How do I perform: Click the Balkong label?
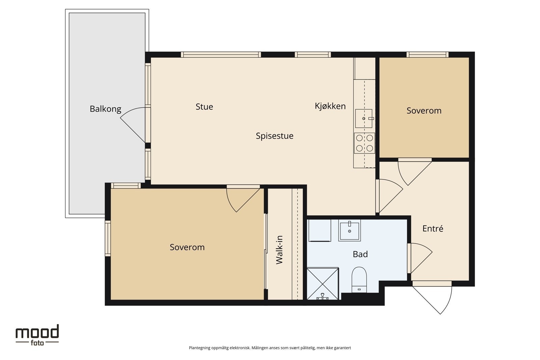coord(105,109)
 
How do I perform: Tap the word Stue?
coord(204,107)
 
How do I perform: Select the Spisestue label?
coord(275,136)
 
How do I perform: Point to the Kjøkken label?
coord(330,106)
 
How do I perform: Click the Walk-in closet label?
coord(279,250)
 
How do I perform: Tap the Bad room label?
coord(360,254)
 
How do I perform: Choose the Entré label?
coord(433,228)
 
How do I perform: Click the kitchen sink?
coord(364,118)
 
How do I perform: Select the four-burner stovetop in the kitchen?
coord(364,143)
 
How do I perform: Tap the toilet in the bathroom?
coord(359,279)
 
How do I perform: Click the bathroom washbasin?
coord(350,230)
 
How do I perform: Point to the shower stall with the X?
coord(323,284)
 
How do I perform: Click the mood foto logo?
coord(37,335)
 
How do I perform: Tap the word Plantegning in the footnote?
coord(199,348)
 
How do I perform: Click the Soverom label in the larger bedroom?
coord(187,247)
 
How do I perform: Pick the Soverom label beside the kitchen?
coord(424,111)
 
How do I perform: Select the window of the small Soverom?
coord(427,55)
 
